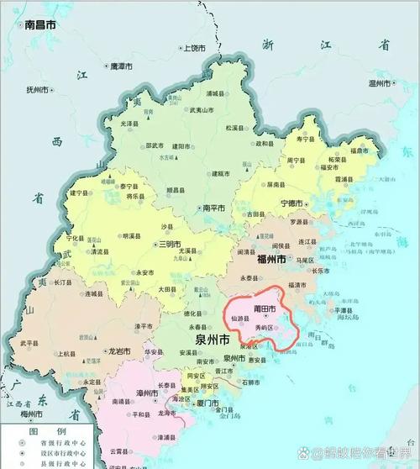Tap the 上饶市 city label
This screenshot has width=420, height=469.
[195, 49]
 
